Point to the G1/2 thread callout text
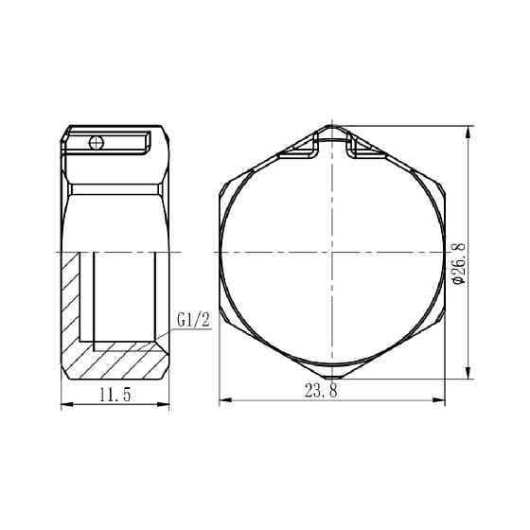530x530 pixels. (x=192, y=321)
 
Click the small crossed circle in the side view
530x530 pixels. (x=94, y=142)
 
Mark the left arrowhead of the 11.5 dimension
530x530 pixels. (x=63, y=404)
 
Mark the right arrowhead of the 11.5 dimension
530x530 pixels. (x=167, y=404)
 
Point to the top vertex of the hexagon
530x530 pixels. (x=331, y=124)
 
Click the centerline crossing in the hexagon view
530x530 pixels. (x=331, y=253)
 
